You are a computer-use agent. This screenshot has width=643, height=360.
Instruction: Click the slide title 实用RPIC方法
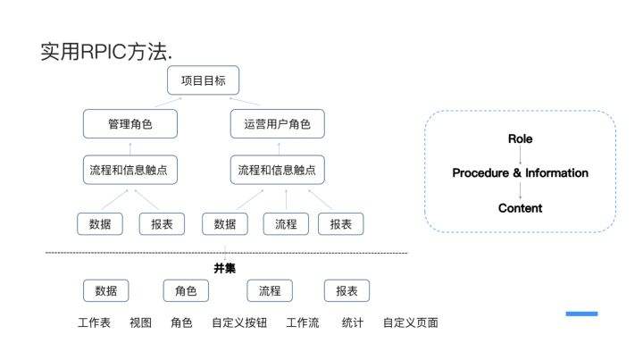(106, 52)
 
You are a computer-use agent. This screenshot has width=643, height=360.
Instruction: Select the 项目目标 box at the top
(203, 80)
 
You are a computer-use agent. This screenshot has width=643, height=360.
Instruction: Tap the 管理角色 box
(129, 124)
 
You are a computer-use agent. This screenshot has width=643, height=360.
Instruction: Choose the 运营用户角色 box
(277, 124)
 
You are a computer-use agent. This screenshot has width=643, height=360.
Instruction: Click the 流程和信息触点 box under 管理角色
(129, 169)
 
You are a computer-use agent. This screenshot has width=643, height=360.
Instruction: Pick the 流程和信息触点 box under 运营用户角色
(277, 169)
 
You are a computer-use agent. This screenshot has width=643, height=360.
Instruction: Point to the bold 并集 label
(224, 268)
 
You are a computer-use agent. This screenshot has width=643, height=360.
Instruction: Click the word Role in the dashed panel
(520, 139)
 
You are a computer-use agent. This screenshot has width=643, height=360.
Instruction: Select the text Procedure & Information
(520, 173)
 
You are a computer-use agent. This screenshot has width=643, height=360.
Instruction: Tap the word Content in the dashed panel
(520, 208)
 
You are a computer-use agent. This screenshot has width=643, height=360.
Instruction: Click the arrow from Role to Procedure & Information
(520, 155)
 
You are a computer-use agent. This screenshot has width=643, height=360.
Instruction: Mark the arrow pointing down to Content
(520, 190)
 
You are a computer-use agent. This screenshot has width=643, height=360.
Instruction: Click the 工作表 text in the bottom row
(94, 322)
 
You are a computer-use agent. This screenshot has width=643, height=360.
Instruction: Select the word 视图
(141, 322)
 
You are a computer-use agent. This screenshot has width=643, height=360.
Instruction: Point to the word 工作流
(302, 322)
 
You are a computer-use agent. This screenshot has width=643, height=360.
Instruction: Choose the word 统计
(352, 322)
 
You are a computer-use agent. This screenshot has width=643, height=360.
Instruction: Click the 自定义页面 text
(410, 322)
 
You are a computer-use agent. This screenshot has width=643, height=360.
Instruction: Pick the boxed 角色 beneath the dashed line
(186, 290)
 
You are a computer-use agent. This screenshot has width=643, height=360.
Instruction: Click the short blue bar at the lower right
(581, 314)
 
